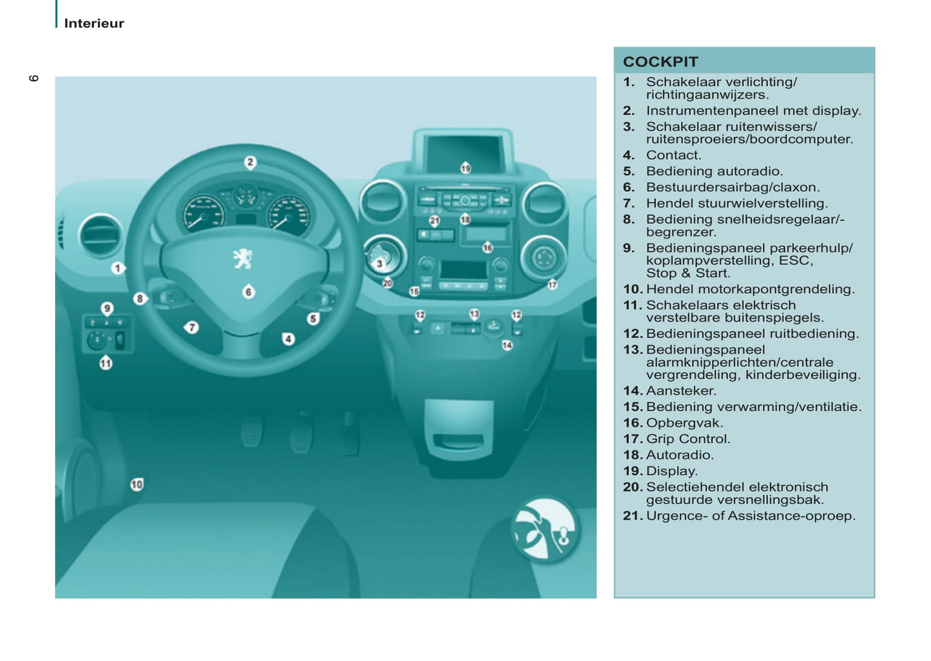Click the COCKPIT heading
click(660, 62)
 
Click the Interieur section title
click(94, 23)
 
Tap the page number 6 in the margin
click(34, 78)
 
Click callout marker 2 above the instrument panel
click(250, 162)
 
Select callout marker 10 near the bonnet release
click(137, 484)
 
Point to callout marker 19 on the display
click(465, 168)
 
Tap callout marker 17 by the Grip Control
click(552, 284)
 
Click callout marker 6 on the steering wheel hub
click(248, 292)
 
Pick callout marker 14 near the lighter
click(507, 345)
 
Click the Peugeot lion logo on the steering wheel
click(243, 258)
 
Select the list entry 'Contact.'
click(673, 155)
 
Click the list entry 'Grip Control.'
click(687, 439)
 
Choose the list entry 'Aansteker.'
click(680, 390)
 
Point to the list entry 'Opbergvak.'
click(684, 423)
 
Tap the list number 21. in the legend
click(632, 515)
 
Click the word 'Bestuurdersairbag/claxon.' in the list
click(733, 187)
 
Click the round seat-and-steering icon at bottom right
click(545, 530)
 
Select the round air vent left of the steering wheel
click(100, 235)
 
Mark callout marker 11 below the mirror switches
click(106, 363)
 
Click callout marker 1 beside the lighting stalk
click(117, 267)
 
